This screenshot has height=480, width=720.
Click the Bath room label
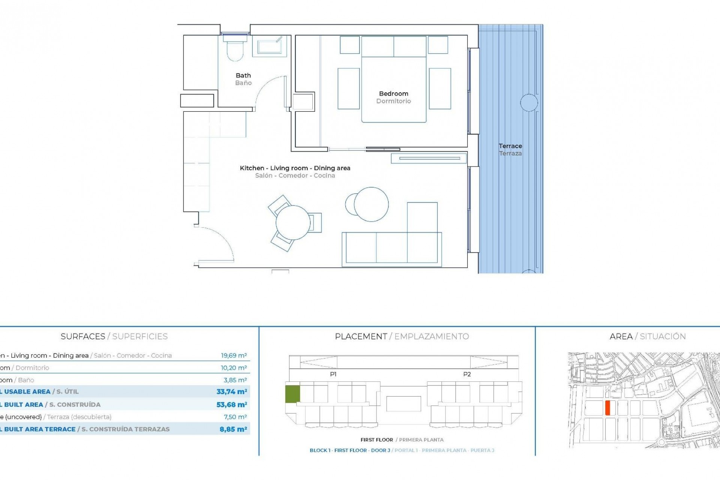[x=243, y=76]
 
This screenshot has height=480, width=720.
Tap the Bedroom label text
[x=393, y=94]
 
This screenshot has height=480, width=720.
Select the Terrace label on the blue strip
[x=510, y=146]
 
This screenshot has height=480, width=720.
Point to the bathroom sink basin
[x=270, y=47]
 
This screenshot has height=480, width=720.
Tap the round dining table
[x=293, y=223]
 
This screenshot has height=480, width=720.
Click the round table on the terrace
[x=529, y=102]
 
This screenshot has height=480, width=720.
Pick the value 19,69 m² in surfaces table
[x=234, y=355]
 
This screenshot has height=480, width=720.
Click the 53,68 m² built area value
[x=231, y=405]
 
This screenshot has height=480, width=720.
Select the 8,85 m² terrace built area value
[x=233, y=429]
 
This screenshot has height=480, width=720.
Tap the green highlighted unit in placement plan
[x=292, y=394]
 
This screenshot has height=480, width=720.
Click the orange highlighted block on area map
[x=608, y=408]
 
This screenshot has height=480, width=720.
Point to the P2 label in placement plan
[x=466, y=374]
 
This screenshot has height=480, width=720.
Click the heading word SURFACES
[x=83, y=336]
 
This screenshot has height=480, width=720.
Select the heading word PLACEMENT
[x=361, y=336]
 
